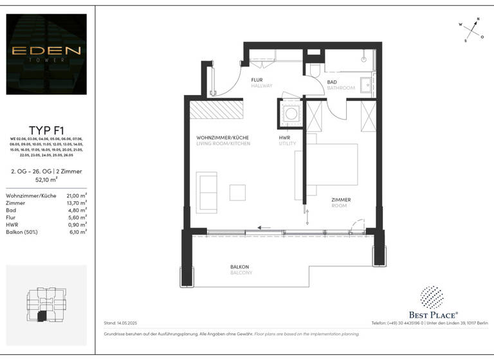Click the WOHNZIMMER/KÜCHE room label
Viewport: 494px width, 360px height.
click(x=223, y=140)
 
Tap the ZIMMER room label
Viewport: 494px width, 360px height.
click(x=341, y=202)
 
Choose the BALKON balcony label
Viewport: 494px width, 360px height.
click(x=239, y=269)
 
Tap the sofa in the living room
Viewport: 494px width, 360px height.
click(x=207, y=191)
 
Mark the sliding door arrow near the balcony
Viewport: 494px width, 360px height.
click(x=262, y=226)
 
